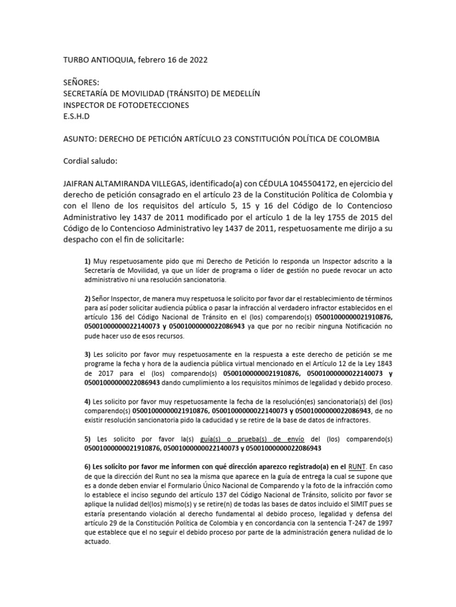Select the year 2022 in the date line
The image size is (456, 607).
click(197, 59)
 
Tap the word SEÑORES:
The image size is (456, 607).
click(82, 82)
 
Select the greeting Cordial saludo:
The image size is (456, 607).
click(90, 161)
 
